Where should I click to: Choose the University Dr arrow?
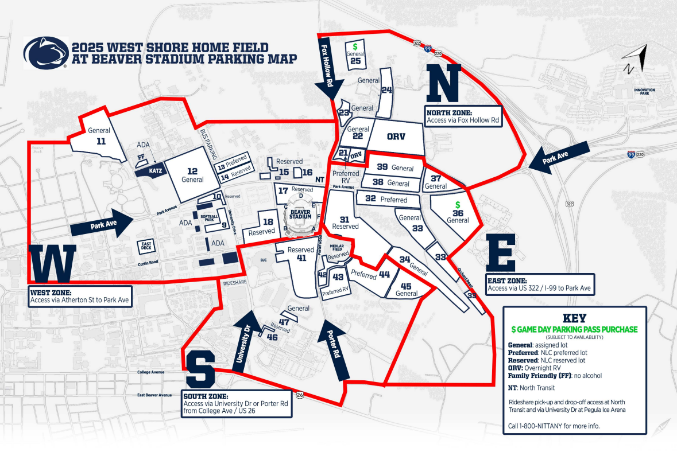click(245, 339)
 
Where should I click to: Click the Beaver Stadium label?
click(300, 214)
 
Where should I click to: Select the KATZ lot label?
click(141, 171)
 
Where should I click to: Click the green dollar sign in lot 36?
click(458, 204)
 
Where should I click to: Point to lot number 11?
click(101, 141)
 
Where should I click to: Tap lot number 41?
click(301, 258)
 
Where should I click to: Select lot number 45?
click(406, 286)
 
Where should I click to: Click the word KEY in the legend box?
click(574, 318)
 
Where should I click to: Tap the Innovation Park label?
click(644, 92)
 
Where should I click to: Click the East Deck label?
click(146, 247)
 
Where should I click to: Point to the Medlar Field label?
click(337, 247)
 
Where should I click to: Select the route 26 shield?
click(299, 395)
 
